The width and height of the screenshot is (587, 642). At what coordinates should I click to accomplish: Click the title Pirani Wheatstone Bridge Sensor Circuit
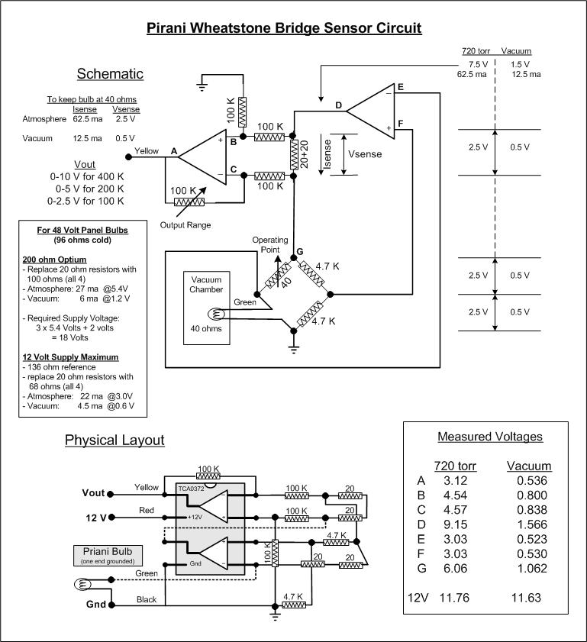(x=284, y=27)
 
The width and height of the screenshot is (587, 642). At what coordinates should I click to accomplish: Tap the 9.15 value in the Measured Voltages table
(x=455, y=524)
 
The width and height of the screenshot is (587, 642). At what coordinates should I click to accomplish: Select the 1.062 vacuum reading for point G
(x=532, y=568)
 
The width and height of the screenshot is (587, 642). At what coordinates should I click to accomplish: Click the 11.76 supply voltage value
(x=454, y=598)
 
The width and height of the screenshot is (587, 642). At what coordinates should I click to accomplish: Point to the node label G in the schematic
(x=300, y=251)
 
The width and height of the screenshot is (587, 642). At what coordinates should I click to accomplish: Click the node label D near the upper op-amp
(x=338, y=105)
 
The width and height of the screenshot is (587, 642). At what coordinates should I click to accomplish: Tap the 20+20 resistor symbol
(x=293, y=154)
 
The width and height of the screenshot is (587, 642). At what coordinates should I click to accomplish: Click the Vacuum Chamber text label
(x=206, y=285)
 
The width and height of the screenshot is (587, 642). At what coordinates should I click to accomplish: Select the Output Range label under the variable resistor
(x=185, y=224)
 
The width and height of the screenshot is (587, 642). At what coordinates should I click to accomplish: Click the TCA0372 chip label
(x=191, y=489)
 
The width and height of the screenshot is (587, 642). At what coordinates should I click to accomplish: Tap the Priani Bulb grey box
(x=108, y=556)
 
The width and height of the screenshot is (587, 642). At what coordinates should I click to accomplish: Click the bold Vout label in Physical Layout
(x=93, y=493)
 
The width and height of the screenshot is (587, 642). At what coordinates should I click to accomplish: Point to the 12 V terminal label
(x=96, y=518)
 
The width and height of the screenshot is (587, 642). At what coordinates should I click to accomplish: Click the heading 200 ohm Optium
(x=54, y=260)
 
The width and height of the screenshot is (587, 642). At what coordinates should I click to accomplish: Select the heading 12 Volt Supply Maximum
(x=70, y=357)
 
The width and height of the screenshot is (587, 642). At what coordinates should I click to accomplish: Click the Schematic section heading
(x=110, y=74)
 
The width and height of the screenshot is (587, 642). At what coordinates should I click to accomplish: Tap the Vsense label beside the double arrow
(x=365, y=154)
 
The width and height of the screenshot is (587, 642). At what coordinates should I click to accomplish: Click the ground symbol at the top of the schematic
(x=202, y=86)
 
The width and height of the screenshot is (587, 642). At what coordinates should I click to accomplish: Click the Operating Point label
(x=270, y=244)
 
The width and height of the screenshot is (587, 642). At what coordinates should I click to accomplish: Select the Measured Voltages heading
(x=490, y=437)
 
